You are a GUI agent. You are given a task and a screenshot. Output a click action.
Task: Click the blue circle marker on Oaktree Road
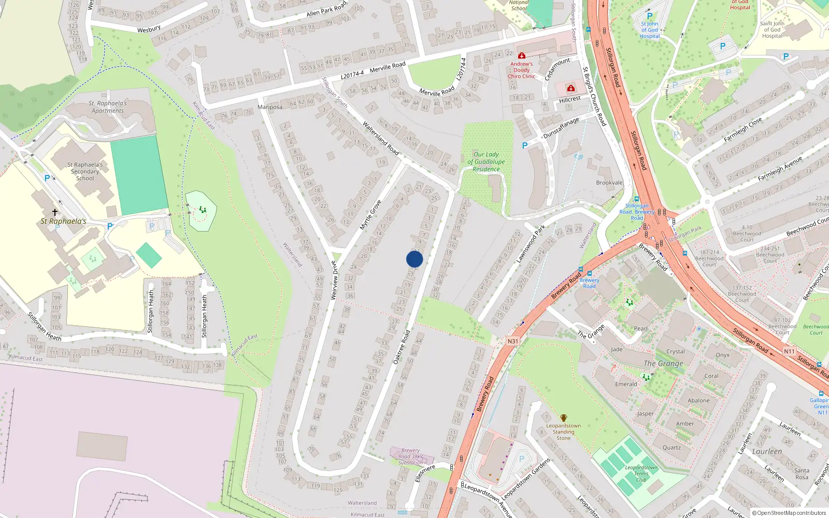tap(414, 259)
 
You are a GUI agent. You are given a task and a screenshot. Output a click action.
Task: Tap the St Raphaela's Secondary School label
tap(85, 171)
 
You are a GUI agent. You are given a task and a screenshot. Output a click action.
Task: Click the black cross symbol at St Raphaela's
tap(55, 212)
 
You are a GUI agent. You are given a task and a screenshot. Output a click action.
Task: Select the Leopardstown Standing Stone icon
tap(563, 418)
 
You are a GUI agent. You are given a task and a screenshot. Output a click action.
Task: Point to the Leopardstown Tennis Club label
tap(641, 473)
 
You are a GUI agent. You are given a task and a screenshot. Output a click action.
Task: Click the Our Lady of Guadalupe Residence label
tap(486, 162)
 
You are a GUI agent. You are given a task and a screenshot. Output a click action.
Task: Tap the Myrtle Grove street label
tap(371, 214)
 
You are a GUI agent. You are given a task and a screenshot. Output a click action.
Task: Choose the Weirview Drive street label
tap(334, 280)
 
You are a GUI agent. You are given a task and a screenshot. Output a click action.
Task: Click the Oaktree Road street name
tap(402, 347)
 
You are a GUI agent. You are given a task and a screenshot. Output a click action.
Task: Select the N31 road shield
tap(512, 341)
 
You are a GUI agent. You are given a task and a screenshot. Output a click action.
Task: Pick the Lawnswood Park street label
tap(531, 243)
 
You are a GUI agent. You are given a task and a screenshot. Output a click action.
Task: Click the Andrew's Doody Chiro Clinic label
tap(521, 70)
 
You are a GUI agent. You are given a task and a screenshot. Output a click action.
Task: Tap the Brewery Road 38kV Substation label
tap(410, 457)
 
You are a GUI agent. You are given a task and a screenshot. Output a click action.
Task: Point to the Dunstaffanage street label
tap(561, 128)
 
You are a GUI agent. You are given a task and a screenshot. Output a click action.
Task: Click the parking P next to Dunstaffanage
tap(524, 146)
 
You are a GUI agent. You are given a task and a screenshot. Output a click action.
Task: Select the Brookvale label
tap(609, 183)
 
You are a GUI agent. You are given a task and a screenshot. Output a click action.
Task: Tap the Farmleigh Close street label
tap(743, 129)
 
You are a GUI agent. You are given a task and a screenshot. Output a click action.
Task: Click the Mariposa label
tap(270, 107)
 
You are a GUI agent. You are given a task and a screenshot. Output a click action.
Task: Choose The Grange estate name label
tap(664, 364)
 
